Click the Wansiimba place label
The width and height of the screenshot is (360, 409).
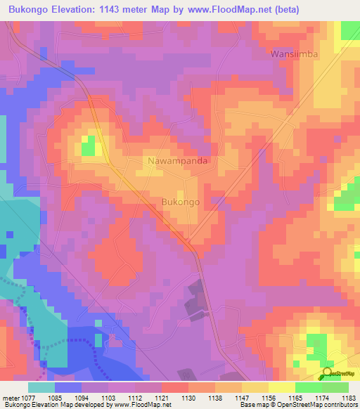pyautogui.click(x=294, y=54)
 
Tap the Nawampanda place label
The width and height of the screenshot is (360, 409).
pyautogui.click(x=181, y=161)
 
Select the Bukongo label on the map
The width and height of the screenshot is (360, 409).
pyautogui.click(x=181, y=202)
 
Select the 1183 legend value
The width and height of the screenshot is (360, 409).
pyautogui.click(x=348, y=398)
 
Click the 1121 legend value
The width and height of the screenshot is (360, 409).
pyautogui.click(x=160, y=398)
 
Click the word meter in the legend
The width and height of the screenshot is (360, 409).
pyautogui.click(x=9, y=398)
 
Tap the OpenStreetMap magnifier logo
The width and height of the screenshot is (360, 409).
pyautogui.click(x=328, y=375)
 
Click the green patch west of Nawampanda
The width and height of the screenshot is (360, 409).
pyautogui.click(x=88, y=147)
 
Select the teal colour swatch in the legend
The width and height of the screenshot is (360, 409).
pyautogui.click(x=41, y=387)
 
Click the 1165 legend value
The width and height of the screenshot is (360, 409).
pyautogui.click(x=295, y=398)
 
